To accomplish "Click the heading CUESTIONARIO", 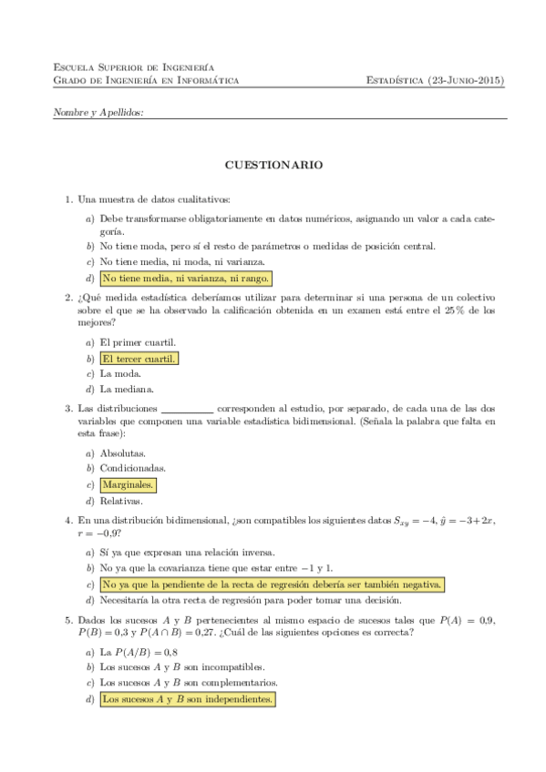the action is (273, 167).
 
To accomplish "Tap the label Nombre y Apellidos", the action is (98, 112).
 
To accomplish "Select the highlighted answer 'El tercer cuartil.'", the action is (139, 359).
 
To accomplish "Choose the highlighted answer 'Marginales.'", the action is (128, 484).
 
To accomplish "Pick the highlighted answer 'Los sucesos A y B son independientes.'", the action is (187, 699).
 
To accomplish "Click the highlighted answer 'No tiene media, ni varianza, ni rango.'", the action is (186, 278).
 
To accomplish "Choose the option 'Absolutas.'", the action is (123, 452).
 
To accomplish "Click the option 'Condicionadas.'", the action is (132, 468).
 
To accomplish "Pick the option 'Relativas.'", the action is (122, 501).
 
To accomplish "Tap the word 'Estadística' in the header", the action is (395, 80).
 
